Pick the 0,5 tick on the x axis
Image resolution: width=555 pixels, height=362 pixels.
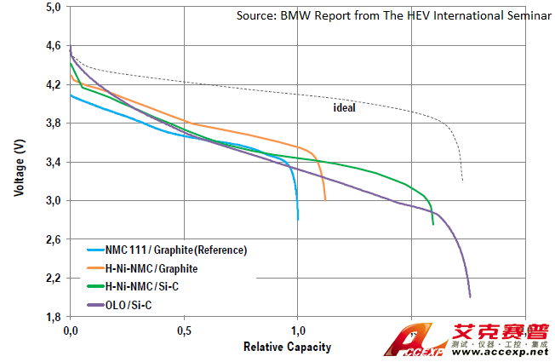[184, 330]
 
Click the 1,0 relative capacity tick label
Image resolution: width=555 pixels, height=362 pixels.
[298, 330]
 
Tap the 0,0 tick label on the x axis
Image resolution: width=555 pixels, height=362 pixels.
[71, 330]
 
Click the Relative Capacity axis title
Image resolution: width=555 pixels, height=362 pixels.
[287, 347]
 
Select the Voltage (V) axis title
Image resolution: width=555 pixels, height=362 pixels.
[19, 163]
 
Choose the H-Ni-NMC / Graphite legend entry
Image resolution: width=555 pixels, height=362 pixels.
[153, 268]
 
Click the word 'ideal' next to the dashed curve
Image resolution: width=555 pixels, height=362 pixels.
[344, 108]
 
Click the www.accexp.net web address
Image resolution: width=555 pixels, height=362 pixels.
[503, 351]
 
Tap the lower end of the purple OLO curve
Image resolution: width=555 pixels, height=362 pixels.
[470, 296]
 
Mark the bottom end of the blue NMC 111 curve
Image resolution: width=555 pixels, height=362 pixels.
[298, 220]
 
